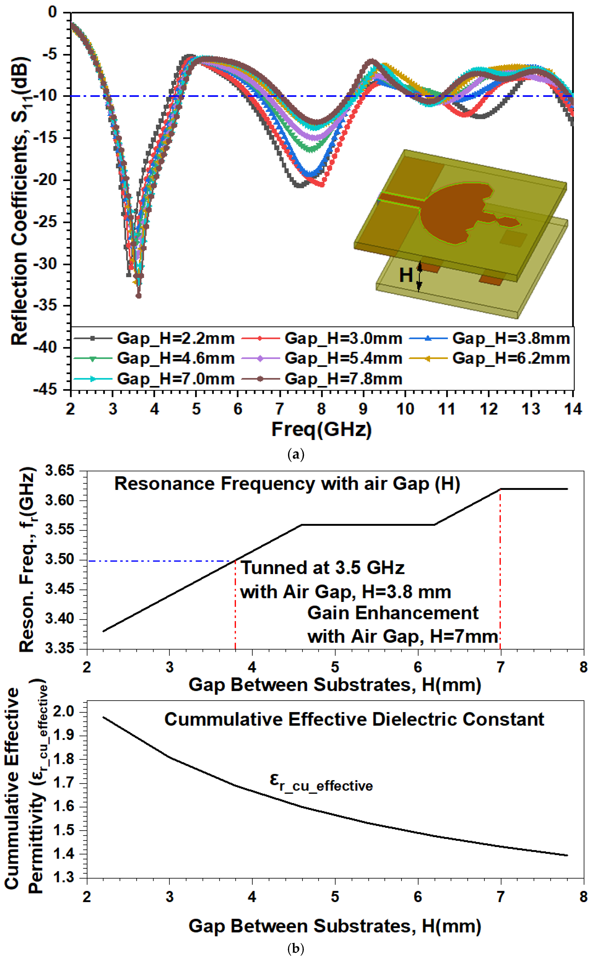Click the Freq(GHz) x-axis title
pos(321,429)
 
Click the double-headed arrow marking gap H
pos(420,276)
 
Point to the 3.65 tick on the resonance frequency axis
pos(59,471)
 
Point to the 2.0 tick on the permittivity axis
pos(65,712)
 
